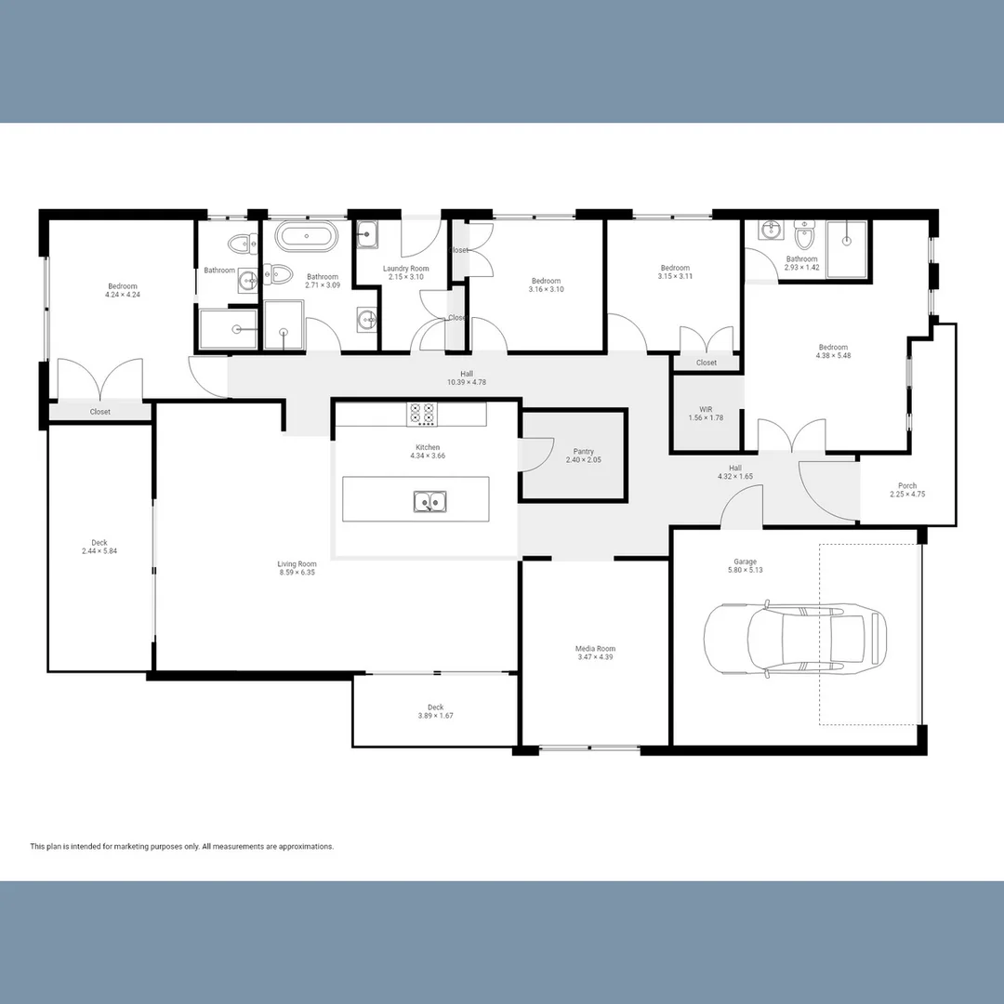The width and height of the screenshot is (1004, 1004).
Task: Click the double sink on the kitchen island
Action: pos(429,502)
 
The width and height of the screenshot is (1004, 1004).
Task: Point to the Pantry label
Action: pos(584,451)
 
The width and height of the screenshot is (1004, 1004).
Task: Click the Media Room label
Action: pos(595,649)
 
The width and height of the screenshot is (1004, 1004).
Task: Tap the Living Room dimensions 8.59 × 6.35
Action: pos(297,573)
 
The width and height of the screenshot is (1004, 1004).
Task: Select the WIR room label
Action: pos(706,408)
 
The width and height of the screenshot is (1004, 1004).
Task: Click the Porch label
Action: pos(907,485)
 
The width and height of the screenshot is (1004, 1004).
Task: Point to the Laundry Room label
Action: pos(405,269)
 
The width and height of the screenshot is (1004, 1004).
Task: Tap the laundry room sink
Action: pos(367,234)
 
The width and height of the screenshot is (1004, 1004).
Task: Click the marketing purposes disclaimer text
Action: pos(182,846)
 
